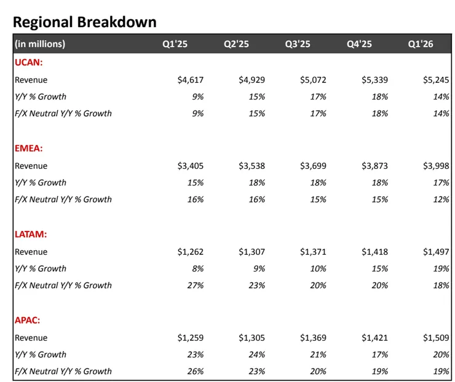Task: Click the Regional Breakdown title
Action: point(84,22)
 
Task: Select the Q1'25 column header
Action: point(175,44)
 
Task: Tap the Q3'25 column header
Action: point(298,44)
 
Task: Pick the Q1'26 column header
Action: point(421,44)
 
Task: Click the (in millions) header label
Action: point(41,44)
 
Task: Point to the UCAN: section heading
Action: point(28,62)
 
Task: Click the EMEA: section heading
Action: point(28,148)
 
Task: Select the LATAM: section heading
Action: point(31,234)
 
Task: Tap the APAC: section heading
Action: point(28,320)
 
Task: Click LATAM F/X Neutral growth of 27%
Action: point(196,285)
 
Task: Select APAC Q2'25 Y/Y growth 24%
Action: point(257,354)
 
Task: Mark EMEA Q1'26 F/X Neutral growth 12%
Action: point(441,199)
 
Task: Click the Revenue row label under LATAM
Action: point(31,252)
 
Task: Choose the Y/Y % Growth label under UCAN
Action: point(41,96)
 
